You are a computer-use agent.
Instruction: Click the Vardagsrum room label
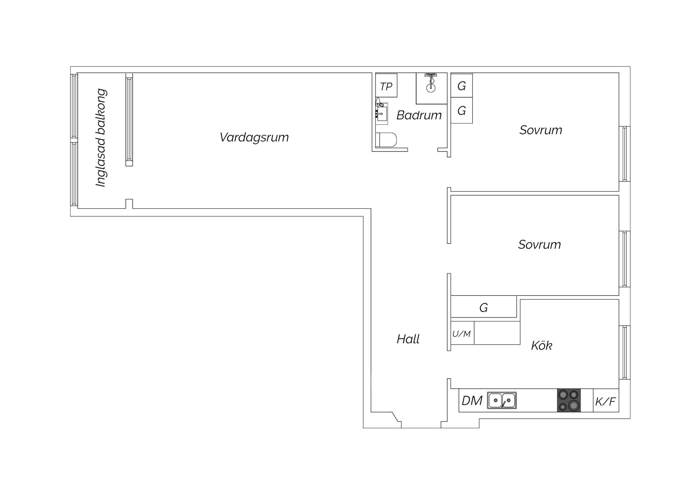click(254, 137)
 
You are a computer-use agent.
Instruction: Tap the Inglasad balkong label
click(101, 137)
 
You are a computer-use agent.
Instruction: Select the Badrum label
click(419, 115)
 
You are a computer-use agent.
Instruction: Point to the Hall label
click(408, 339)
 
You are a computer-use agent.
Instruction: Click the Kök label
click(541, 345)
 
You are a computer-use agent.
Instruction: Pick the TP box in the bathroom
click(386, 85)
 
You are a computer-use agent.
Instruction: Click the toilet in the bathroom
click(386, 140)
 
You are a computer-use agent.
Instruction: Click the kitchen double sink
click(502, 400)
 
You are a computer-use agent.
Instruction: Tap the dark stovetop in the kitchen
click(569, 400)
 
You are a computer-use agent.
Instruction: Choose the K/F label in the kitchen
click(605, 402)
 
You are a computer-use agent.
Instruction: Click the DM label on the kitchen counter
click(472, 401)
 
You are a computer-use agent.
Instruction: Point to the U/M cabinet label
click(461, 334)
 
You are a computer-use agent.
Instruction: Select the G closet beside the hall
click(484, 307)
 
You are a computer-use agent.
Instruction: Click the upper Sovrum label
click(541, 130)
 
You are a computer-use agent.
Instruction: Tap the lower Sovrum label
click(539, 244)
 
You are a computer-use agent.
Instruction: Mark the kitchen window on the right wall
click(624, 352)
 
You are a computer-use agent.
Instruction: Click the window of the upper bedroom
click(624, 154)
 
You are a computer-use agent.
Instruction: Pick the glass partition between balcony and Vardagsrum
click(129, 120)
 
